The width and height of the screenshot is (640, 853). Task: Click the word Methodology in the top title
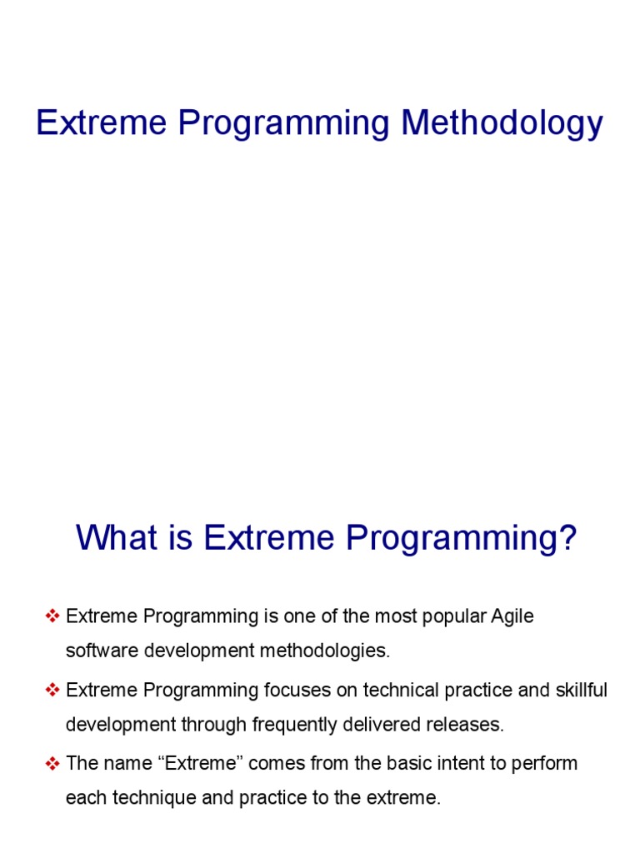click(502, 125)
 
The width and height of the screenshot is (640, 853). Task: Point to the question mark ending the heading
click(567, 538)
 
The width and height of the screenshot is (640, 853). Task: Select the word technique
click(143, 798)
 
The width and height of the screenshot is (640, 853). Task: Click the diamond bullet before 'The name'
click(52, 764)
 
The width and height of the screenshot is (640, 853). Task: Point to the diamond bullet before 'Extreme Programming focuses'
click(52, 691)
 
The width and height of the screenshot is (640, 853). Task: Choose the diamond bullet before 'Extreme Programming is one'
click(52, 617)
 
